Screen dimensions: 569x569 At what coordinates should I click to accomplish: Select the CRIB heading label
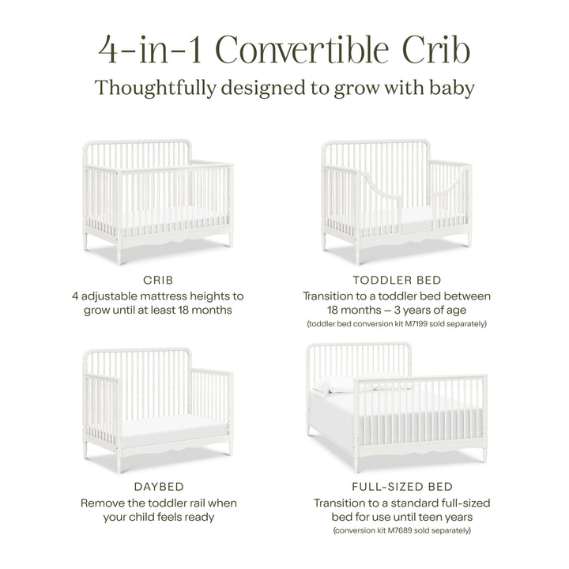(x=158, y=280)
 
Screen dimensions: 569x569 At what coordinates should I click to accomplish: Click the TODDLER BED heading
(x=396, y=280)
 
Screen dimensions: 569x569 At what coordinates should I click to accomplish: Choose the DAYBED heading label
(x=158, y=487)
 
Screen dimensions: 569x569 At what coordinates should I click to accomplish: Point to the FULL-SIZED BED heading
(x=396, y=487)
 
